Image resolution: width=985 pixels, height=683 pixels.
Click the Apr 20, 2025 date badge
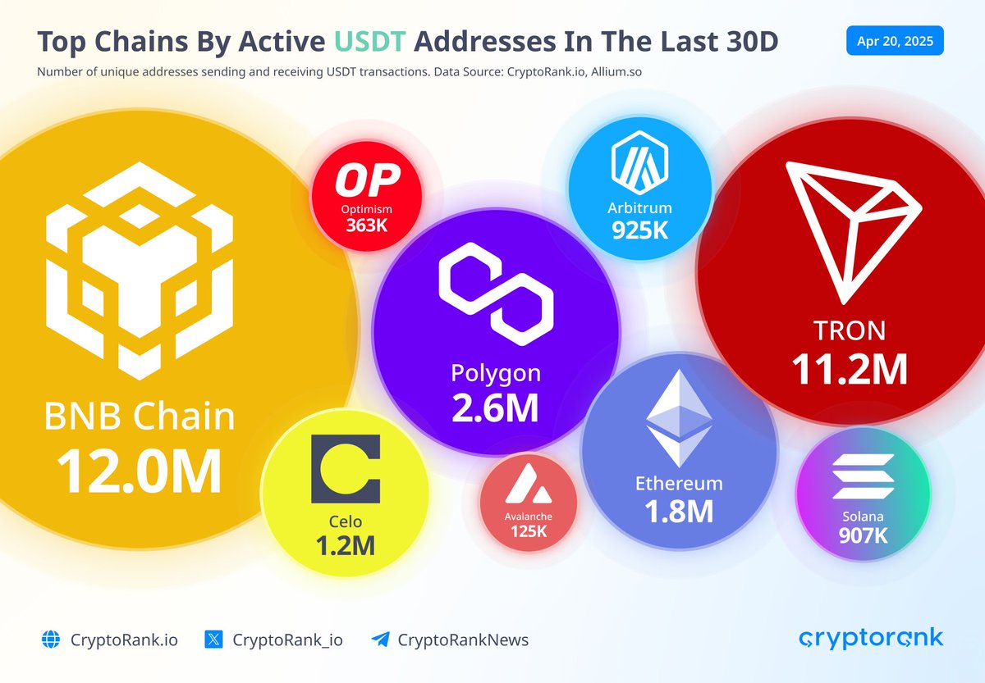[x=895, y=41]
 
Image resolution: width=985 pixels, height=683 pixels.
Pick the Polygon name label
[x=496, y=373]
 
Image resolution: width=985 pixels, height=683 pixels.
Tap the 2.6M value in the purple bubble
[x=496, y=407]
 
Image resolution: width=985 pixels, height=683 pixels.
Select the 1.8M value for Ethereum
[x=678, y=511]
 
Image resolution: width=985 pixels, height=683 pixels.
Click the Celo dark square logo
[x=346, y=469]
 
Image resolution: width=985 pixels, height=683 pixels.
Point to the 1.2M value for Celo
[x=345, y=544]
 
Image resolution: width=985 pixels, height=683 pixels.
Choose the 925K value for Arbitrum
[x=640, y=230]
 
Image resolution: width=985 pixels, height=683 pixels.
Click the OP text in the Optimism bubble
[x=366, y=180]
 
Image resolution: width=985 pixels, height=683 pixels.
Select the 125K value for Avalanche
[x=528, y=531]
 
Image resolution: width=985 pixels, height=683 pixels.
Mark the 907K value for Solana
[x=863, y=535]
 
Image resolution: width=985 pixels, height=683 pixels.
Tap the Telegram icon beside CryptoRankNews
[x=379, y=640]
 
